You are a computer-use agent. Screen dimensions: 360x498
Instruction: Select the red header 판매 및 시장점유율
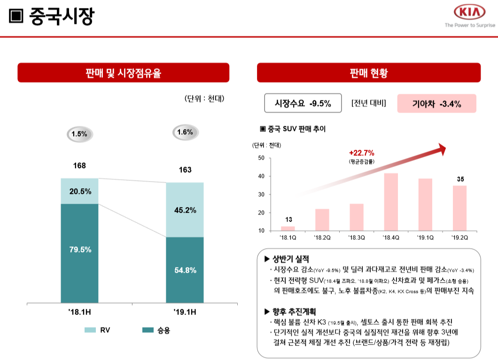tap(124, 73)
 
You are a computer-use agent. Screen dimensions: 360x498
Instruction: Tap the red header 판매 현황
tap(369, 73)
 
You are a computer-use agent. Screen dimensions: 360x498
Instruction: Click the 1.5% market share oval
tap(79, 134)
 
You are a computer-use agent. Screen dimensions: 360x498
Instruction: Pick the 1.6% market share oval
tap(185, 132)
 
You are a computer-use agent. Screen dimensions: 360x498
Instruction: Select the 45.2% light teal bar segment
tap(185, 210)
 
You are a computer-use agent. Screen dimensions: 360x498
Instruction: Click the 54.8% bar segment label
tap(185, 270)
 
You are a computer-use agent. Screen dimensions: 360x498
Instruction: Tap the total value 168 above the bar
tap(79, 166)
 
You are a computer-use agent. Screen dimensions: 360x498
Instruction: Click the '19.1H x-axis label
tap(185, 312)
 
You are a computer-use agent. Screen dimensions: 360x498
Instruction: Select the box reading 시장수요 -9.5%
tap(303, 104)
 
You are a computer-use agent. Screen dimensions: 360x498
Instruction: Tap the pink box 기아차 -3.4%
tap(436, 104)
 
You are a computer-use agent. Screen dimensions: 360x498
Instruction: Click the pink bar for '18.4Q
tap(391, 202)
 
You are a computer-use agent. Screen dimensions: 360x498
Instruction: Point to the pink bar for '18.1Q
tap(288, 228)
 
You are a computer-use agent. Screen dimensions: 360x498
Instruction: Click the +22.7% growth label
tap(362, 153)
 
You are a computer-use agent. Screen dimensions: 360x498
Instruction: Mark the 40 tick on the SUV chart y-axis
tap(261, 176)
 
